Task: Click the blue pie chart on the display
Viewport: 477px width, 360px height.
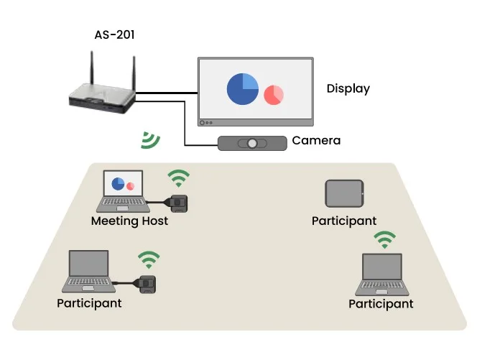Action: tap(243, 88)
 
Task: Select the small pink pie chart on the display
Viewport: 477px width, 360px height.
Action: tap(273, 94)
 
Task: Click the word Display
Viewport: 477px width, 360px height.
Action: tap(348, 89)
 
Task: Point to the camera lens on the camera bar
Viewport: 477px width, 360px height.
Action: tap(252, 143)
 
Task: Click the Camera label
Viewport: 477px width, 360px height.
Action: tap(316, 141)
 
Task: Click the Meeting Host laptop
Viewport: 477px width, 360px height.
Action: tap(122, 190)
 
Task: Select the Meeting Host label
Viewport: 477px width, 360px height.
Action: tap(129, 221)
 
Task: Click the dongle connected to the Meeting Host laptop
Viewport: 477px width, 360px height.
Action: tap(178, 202)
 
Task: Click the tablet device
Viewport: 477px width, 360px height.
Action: tap(345, 193)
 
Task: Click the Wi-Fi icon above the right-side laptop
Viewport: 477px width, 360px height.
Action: tap(385, 240)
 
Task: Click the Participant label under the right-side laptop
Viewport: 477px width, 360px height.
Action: tap(381, 304)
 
